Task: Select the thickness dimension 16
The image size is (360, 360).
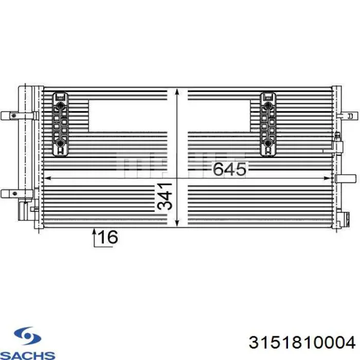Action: pos(107,237)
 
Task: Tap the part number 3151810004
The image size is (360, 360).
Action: pos(301,343)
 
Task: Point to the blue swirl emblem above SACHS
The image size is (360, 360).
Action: pos(23,337)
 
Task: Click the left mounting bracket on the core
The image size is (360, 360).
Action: pos(61,123)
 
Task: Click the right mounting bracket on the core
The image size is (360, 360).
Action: pos(268,123)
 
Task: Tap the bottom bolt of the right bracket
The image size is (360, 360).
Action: pos(268,142)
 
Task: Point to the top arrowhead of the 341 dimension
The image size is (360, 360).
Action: pos(177,92)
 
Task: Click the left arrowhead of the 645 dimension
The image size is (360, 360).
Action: pos(47,178)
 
